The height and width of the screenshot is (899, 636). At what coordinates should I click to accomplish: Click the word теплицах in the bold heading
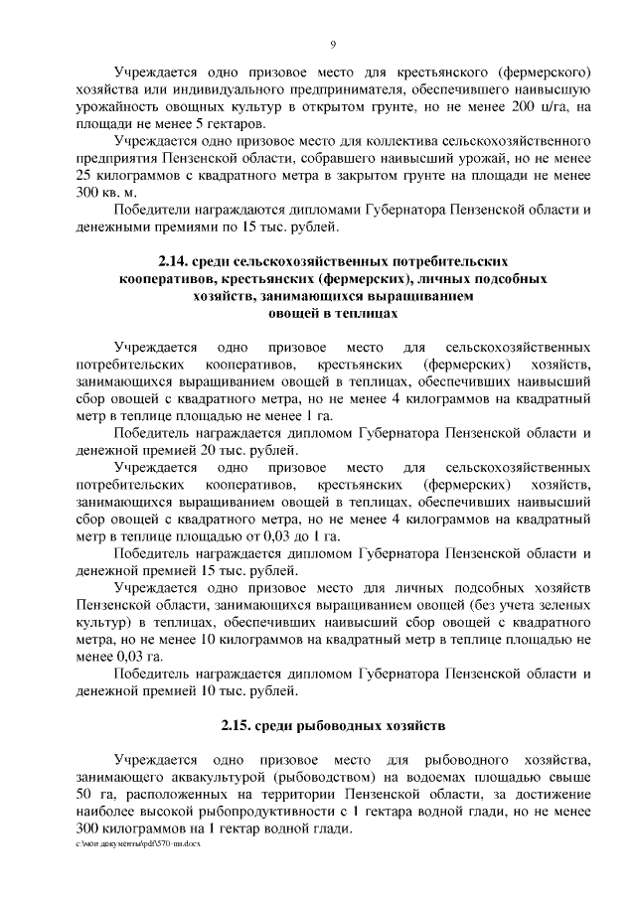370,314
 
